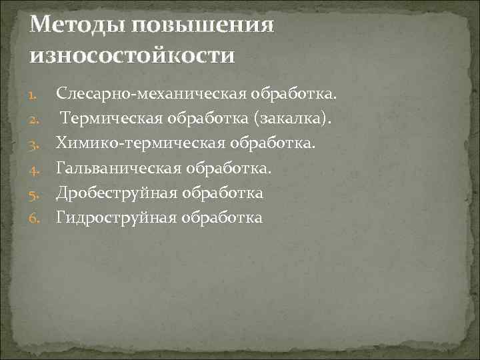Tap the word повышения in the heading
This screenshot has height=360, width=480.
[x=203, y=25]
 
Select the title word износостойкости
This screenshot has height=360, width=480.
[x=133, y=55]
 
